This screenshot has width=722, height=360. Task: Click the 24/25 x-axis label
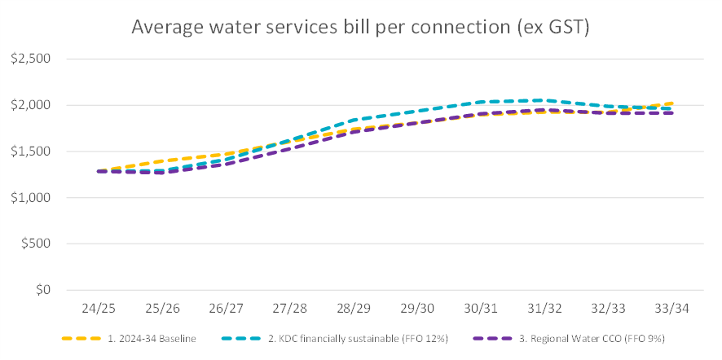click(97, 310)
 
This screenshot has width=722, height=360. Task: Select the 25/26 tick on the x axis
click(161, 310)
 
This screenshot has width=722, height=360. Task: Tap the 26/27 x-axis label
click(225, 310)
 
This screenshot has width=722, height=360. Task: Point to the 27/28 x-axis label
click(289, 310)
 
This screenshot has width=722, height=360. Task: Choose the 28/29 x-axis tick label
click(353, 310)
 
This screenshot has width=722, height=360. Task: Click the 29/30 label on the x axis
click(417, 310)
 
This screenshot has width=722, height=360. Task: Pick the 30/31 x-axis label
click(481, 310)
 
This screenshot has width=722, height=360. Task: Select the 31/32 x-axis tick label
click(545, 310)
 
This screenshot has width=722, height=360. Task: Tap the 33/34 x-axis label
click(673, 310)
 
